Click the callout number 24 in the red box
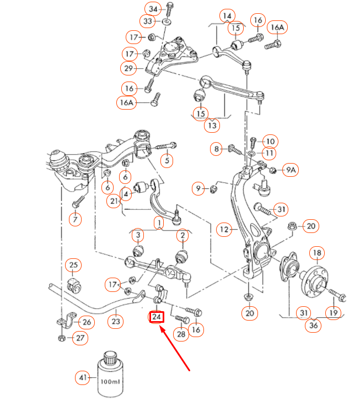tap(157, 317)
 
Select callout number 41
tap(83, 378)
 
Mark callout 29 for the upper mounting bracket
tap(129, 68)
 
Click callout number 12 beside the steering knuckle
tap(224, 229)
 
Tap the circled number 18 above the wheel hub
tap(317, 253)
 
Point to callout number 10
tap(270, 141)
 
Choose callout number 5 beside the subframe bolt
tap(166, 161)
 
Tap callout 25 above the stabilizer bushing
tap(73, 265)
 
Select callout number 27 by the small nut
tap(80, 338)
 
